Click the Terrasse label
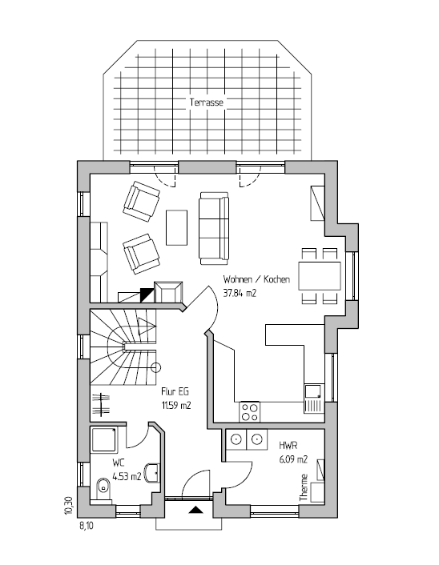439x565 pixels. point(207,102)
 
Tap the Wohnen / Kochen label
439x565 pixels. point(256,279)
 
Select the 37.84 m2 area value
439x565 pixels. point(240,293)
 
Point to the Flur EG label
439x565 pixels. point(175,391)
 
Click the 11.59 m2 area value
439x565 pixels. point(176,406)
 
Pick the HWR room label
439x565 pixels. point(288,446)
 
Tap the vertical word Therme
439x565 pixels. point(304,487)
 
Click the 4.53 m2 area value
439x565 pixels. point(127,477)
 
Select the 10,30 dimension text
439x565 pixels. point(69,506)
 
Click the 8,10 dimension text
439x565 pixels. point(87,526)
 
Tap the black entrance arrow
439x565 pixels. point(195,510)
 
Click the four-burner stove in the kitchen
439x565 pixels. point(249,412)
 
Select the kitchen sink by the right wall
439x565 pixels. point(314,399)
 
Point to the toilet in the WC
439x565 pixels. point(103,490)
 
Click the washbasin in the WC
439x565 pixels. point(152,472)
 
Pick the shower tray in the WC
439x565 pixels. point(103,439)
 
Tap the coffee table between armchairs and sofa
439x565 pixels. point(176,228)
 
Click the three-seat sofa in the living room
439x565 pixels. point(214,228)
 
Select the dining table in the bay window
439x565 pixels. point(320,276)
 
